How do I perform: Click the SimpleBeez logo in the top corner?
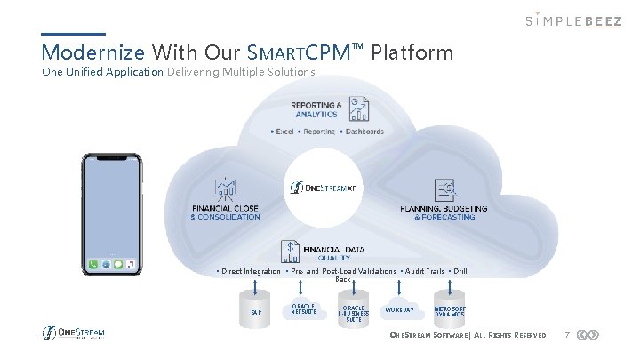tap(572, 21)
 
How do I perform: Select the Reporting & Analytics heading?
tap(316, 109)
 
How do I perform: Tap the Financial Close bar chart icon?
tap(226, 189)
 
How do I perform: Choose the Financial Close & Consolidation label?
tap(226, 212)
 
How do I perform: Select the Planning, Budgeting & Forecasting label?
tap(444, 212)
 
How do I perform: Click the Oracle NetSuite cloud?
tap(302, 311)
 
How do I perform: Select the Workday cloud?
tap(399, 310)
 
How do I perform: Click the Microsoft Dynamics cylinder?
tap(450, 312)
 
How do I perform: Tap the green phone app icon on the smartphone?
tap(93, 265)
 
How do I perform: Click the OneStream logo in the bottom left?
tap(74, 333)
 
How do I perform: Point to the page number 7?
tap(566, 335)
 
